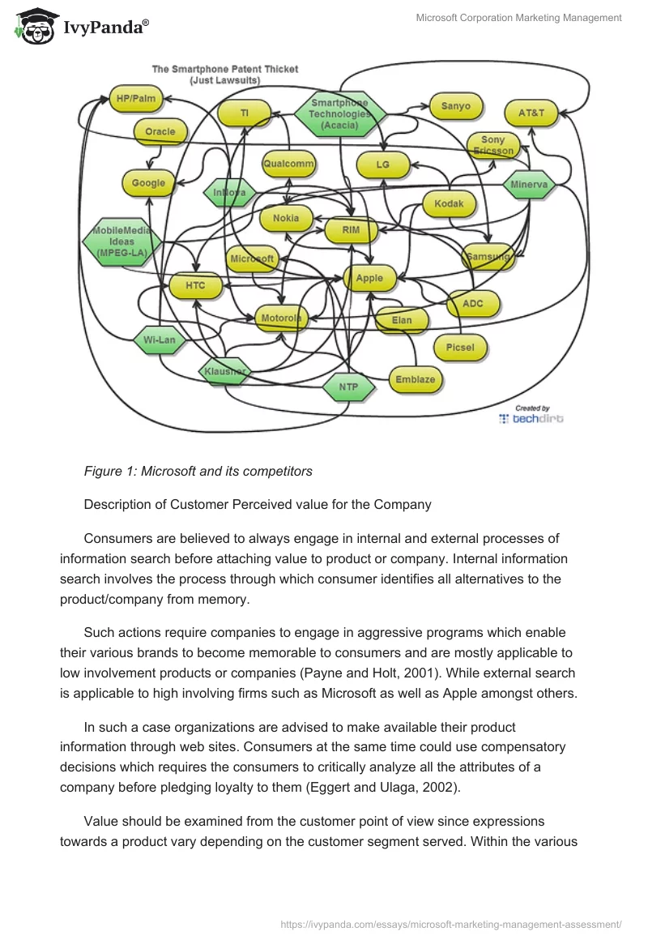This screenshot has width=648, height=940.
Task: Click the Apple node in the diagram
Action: point(369,278)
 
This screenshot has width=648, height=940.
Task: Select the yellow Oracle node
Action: point(160,131)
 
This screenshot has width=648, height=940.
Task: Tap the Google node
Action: point(148,183)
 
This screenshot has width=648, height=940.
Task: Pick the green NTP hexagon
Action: point(348,387)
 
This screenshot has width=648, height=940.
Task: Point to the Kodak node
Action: point(449,204)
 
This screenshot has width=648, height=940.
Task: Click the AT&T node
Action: point(531,113)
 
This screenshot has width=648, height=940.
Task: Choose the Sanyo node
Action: point(455,106)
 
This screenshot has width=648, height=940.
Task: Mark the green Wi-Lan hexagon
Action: point(159,340)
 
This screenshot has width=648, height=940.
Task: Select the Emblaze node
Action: point(415,379)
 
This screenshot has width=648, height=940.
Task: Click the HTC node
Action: point(195,285)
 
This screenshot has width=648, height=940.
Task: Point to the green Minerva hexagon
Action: point(529,185)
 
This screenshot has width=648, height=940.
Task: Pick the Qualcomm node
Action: point(288,164)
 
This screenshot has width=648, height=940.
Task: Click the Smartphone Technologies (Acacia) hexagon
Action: point(339,114)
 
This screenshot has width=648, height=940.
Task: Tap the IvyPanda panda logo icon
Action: point(35,26)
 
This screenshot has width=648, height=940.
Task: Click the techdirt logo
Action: point(531,418)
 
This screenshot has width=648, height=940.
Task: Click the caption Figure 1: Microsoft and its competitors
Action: point(198,471)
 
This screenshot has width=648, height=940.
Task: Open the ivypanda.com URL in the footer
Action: point(450,924)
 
